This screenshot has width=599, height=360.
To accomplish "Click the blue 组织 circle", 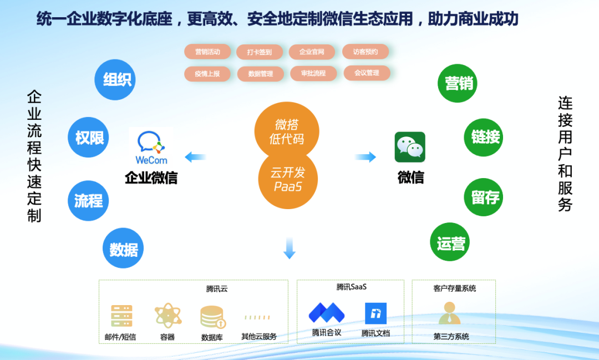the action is click(x=115, y=79).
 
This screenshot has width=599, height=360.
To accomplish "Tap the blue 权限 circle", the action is click(x=88, y=137).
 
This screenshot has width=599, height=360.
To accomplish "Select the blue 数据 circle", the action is click(x=123, y=249).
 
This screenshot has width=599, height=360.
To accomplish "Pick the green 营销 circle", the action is click(x=458, y=83).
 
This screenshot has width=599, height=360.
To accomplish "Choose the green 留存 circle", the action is click(x=484, y=197).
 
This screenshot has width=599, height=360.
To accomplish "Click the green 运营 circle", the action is click(x=450, y=242).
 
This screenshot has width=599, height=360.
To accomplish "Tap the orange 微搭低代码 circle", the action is click(x=287, y=131).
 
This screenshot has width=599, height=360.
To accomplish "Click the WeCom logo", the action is click(x=151, y=147).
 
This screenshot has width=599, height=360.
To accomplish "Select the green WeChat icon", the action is click(x=410, y=147).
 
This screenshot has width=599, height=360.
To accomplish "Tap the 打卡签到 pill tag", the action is click(x=260, y=52).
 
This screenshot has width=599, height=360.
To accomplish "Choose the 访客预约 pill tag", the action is click(x=366, y=52).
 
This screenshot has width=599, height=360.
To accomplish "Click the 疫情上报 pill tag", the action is click(x=207, y=74).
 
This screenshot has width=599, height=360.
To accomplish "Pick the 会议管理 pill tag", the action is click(x=367, y=73).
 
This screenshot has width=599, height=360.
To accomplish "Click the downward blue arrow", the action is click(x=289, y=248).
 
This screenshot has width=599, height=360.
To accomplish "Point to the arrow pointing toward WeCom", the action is click(x=196, y=156).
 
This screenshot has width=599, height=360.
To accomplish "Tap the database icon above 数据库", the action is click(x=213, y=317).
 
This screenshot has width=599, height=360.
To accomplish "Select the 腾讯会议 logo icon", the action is click(x=327, y=313).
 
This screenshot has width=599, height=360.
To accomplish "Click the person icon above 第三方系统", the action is click(x=450, y=313).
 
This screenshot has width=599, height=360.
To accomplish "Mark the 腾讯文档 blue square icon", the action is click(x=375, y=313).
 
